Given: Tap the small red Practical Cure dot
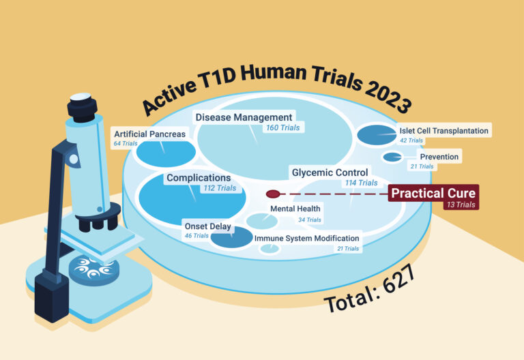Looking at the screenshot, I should coord(273,194).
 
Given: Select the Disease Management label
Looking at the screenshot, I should coord(244,117).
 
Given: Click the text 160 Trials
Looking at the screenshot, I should coord(281,127).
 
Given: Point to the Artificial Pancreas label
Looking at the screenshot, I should coord(149,134).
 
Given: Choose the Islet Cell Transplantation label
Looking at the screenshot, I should coord(444,130).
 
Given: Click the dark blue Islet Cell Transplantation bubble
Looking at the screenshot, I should coord(375,134).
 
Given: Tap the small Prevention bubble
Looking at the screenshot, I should coord(392,157).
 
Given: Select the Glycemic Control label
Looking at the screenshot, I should coord(330,172).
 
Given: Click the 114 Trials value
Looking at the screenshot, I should coord(362,183).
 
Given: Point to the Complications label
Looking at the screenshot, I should coord(199,178).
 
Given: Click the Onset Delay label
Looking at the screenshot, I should coord(207,226).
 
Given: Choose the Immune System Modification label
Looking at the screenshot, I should coord(307,239).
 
